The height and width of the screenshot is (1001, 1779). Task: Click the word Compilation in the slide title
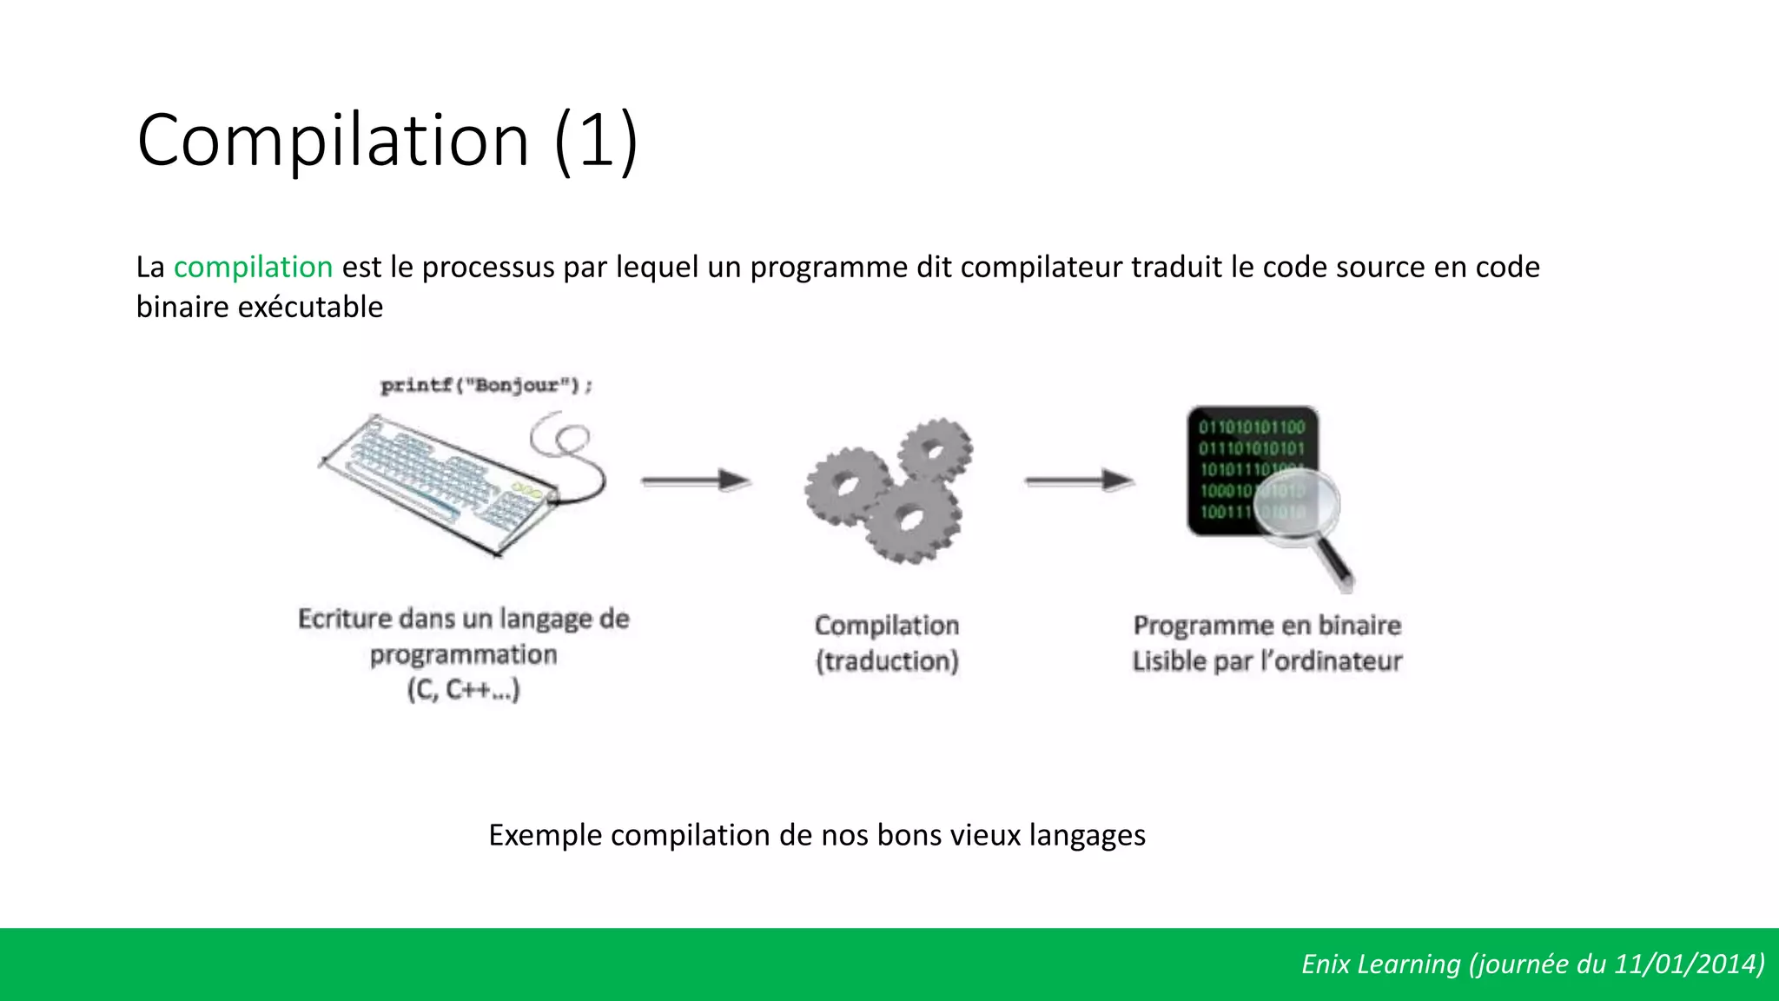tap(333, 141)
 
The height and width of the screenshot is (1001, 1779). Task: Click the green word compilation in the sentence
tap(253, 267)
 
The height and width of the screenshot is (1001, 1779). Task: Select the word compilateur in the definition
tap(1041, 267)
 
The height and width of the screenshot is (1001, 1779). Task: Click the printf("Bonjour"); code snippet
tap(486, 385)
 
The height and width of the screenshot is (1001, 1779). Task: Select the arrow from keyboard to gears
tap(696, 480)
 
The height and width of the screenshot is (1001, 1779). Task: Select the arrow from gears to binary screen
tap(1080, 480)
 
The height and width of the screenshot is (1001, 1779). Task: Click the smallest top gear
tap(935, 450)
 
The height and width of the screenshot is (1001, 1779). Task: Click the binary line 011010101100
tap(1252, 427)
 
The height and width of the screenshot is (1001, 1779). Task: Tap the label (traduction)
tap(887, 661)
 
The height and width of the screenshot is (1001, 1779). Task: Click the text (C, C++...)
tap(463, 690)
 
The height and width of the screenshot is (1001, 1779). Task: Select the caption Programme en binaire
tap(1266, 625)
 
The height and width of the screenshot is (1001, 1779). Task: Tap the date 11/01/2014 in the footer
tap(1685, 964)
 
